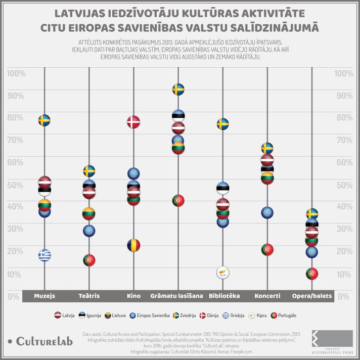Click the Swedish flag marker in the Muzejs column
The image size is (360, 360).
click(44, 120)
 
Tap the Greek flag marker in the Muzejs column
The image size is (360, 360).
click(44, 255)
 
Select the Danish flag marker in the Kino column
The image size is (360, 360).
click(133, 122)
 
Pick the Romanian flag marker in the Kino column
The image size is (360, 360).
click(133, 245)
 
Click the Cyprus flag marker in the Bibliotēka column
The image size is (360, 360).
click(222, 273)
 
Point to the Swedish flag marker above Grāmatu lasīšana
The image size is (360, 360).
click(178, 90)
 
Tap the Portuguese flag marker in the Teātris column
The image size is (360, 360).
click(89, 260)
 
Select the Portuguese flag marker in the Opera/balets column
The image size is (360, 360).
click(312, 274)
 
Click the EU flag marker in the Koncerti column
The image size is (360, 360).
click(267, 212)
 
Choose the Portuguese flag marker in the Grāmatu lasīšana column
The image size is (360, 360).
click(178, 200)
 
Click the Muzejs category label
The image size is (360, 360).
click(44, 295)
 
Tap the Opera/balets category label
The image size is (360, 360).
click(312, 295)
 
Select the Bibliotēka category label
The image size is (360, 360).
click(222, 295)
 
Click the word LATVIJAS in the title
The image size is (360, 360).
click(86, 13)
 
